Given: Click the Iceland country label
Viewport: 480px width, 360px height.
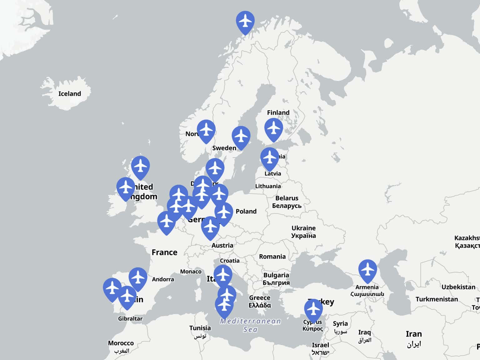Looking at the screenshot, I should coord(69,94).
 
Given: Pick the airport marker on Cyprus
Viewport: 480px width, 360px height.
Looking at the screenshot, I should coord(313,309).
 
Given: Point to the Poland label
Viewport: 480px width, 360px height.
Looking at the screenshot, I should coord(246,212).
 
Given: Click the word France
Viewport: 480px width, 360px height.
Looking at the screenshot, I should coord(164,252).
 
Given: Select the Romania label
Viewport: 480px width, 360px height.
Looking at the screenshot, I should coord(272,257).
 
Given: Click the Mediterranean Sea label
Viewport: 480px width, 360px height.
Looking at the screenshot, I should coord(250,325).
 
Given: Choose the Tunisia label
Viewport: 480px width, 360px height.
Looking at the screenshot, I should coord(200,328).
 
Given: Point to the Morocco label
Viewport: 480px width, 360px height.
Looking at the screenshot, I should coord(121,343).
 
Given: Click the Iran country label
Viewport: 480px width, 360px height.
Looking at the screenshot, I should coord(413,334).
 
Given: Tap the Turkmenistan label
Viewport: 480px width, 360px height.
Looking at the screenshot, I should coord(437,299).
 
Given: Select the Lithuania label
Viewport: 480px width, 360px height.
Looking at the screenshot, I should coord(268,186).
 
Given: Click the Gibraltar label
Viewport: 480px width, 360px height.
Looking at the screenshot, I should coord(130,319).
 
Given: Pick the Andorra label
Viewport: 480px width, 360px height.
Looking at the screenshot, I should coord(163,279).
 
